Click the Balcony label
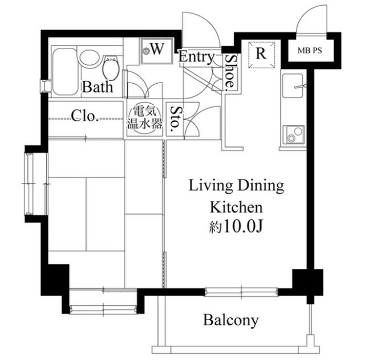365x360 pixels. point(230,321)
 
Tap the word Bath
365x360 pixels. point(98,87)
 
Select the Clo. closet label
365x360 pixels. point(84,116)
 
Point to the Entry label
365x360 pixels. point(196,57)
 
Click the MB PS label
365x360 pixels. point(310,51)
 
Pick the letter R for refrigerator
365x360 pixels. point(261,54)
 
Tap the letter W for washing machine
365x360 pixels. point(157,49)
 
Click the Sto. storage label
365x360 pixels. point(175,118)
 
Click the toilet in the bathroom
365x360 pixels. point(111,67)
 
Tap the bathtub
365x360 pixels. point(64,72)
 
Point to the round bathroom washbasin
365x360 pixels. point(90,58)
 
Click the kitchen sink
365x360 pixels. point(293,86)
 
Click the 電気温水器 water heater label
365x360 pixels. point(144,117)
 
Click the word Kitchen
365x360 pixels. point(236,207)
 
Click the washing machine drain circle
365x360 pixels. point(146,50)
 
